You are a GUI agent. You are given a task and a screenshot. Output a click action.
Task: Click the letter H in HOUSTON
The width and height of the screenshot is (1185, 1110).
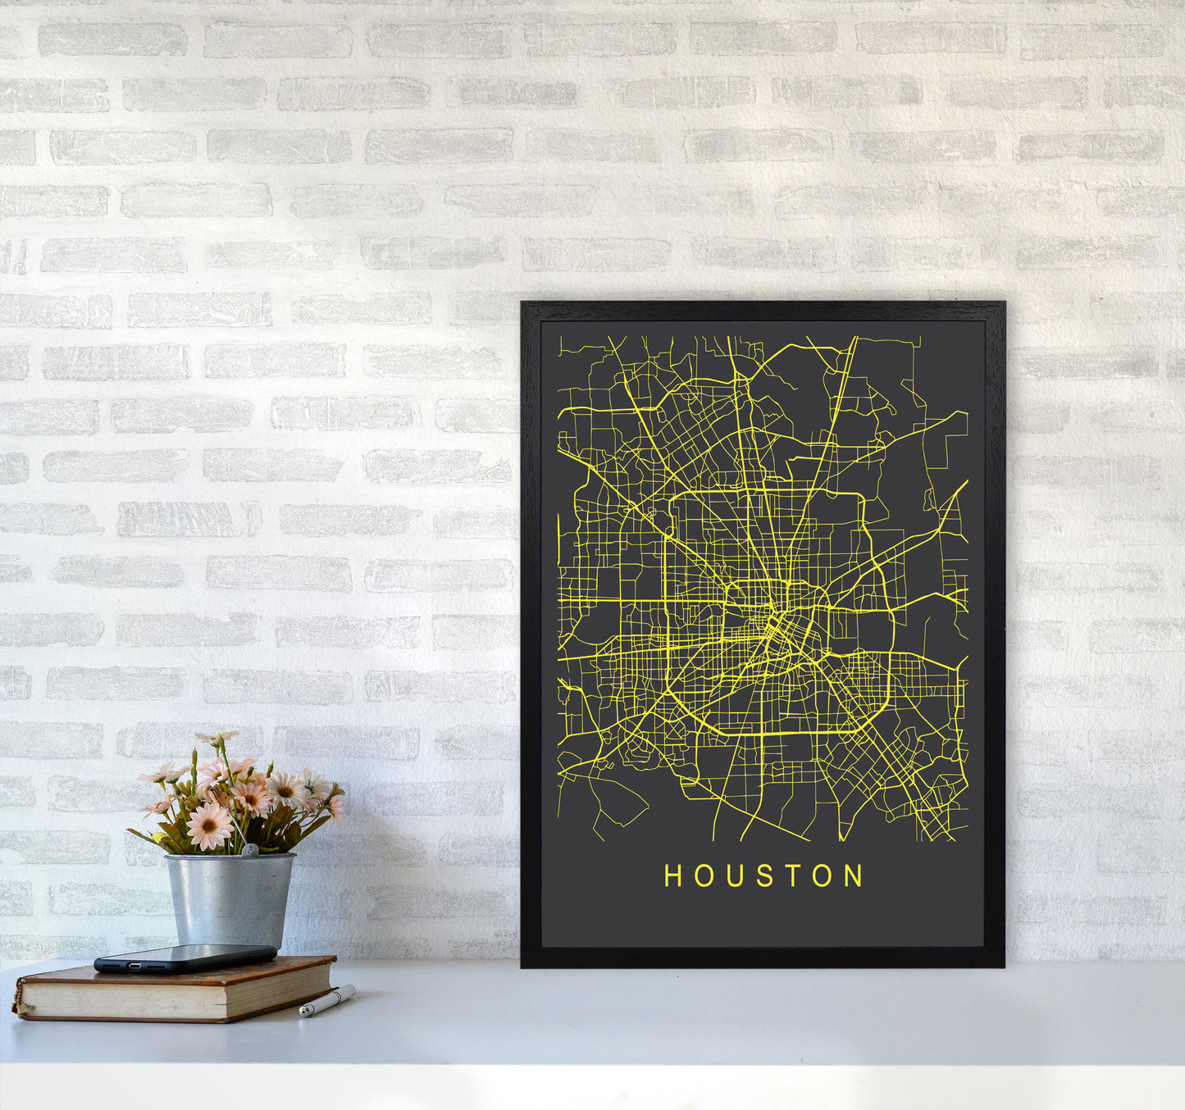coord(672,876)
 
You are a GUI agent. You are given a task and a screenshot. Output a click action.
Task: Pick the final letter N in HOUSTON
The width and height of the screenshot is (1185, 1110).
coord(855,876)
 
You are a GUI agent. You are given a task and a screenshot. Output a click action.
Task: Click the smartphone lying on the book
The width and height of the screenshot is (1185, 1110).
coord(185,958)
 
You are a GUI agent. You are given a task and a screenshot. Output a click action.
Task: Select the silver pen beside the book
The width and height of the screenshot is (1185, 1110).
coord(326,1002)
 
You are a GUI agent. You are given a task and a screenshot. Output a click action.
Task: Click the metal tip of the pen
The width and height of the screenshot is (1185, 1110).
coord(303,1013)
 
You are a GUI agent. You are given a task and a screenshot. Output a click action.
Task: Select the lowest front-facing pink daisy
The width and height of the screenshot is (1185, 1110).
coord(208,826)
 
